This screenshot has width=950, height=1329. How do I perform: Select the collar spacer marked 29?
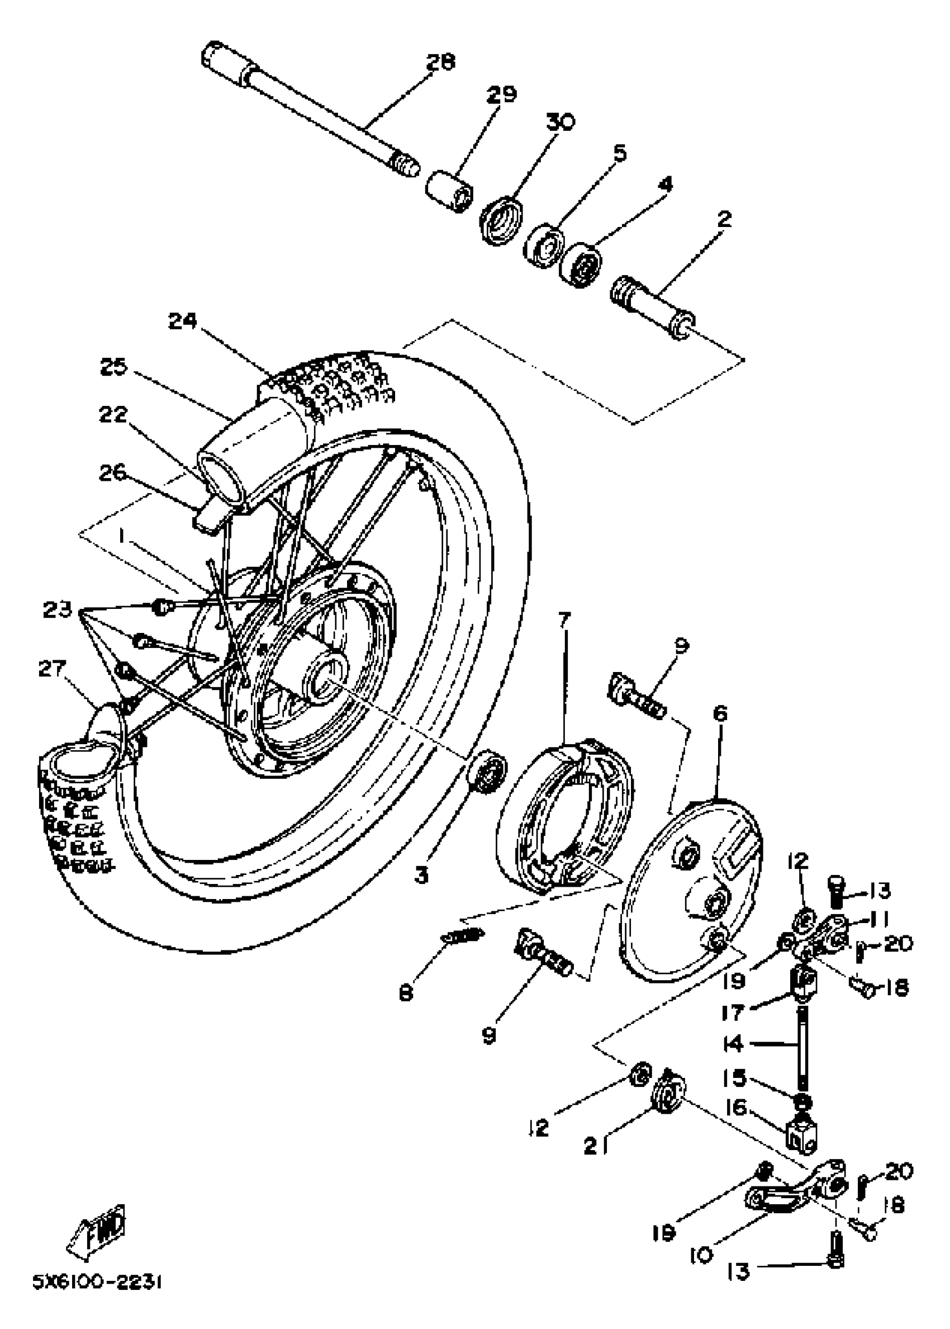point(449,191)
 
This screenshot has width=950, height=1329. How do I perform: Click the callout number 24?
point(183,321)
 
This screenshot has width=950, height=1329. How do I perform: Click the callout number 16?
point(740,1108)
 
